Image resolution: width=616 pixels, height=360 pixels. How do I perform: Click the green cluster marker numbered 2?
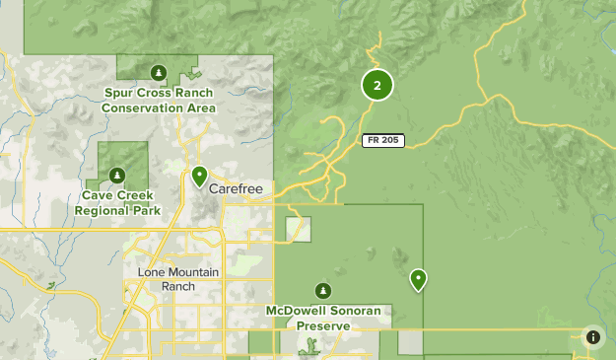pyautogui.click(x=377, y=86)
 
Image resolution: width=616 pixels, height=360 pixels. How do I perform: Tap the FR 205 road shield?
pyautogui.click(x=382, y=140)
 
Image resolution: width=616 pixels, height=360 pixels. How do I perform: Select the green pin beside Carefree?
pyautogui.click(x=199, y=177)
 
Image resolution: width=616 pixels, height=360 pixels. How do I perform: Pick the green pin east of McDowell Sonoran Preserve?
pyautogui.click(x=419, y=280)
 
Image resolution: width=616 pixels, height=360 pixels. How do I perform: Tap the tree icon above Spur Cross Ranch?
pyautogui.click(x=159, y=72)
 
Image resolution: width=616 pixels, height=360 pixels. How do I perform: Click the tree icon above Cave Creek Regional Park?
pyautogui.click(x=117, y=176)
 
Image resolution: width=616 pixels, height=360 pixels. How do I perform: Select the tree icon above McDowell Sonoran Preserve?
pyautogui.click(x=322, y=290)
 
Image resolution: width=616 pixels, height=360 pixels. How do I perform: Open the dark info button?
pyautogui.click(x=592, y=337)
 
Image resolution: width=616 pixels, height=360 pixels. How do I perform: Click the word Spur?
pyautogui.click(x=121, y=94)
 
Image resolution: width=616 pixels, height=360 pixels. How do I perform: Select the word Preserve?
pyautogui.click(x=322, y=325)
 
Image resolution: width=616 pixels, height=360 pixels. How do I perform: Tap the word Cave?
pyautogui.click(x=96, y=196)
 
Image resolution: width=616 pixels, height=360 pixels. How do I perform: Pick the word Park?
pyautogui.click(x=146, y=211)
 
